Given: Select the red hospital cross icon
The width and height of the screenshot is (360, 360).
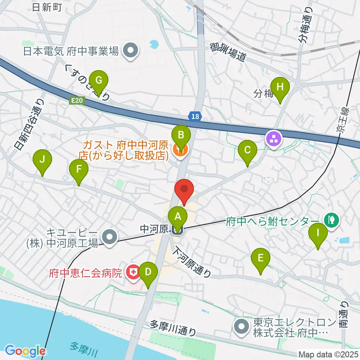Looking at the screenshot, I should pos(132,271).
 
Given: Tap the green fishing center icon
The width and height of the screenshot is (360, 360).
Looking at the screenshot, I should pos(331,220).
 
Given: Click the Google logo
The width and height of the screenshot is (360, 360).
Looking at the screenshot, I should pos(25,351).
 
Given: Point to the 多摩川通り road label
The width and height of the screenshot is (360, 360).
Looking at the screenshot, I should pos(173,327).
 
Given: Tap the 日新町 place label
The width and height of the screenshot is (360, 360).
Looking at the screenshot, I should pos(47,7).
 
